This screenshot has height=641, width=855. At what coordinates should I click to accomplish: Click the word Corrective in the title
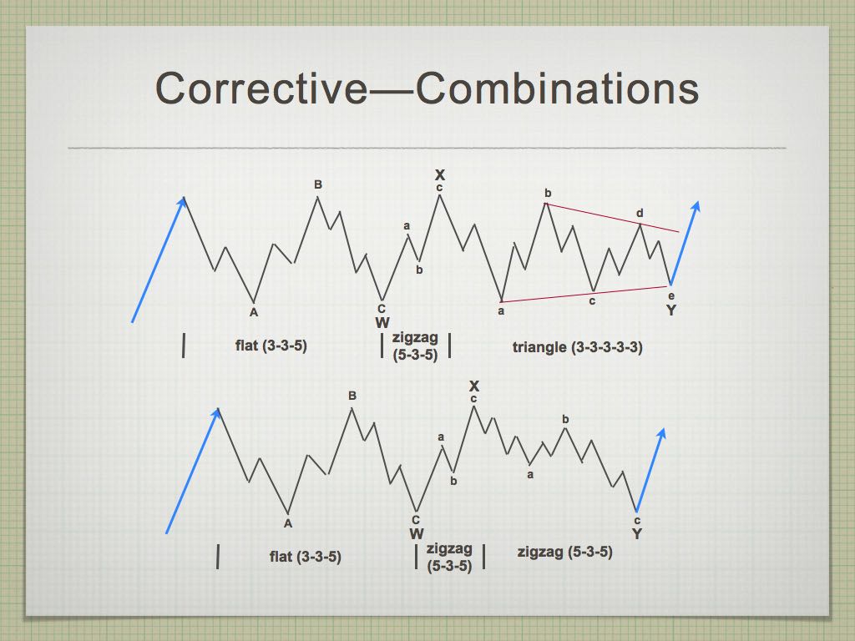pos(261,88)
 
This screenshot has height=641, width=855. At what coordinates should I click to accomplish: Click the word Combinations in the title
pos(557,88)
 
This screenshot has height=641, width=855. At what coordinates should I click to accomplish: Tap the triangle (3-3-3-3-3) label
pos(578,347)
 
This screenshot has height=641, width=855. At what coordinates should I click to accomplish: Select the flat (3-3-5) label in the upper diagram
pos(271,346)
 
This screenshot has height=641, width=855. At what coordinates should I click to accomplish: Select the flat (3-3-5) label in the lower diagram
pos(306,557)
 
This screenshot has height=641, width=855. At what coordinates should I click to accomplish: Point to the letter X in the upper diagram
pos(440,175)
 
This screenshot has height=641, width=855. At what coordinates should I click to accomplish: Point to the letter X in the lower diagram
pos(474,386)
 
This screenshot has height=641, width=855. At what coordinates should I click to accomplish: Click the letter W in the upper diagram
pos(382,323)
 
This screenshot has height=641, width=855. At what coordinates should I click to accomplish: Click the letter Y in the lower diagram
pos(637,533)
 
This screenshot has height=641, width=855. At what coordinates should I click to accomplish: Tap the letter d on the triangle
pos(640,213)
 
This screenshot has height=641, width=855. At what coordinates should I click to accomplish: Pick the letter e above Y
pos(671,296)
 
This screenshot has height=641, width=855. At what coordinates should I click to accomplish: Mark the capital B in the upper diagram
pos(318,184)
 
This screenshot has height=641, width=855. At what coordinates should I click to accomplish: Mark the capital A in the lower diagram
pos(288,523)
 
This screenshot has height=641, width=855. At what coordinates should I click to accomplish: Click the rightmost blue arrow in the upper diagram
pos(685,243)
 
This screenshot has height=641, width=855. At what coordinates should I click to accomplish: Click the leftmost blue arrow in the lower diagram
pos(193,471)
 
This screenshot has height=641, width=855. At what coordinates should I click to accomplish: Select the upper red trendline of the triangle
pos(612,218)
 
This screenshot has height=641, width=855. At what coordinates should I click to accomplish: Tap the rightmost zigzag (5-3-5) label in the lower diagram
pos(565,553)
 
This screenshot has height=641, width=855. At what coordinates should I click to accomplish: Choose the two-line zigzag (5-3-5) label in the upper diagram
pos(416,346)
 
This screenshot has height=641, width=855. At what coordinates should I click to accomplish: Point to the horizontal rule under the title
pos(427,148)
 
